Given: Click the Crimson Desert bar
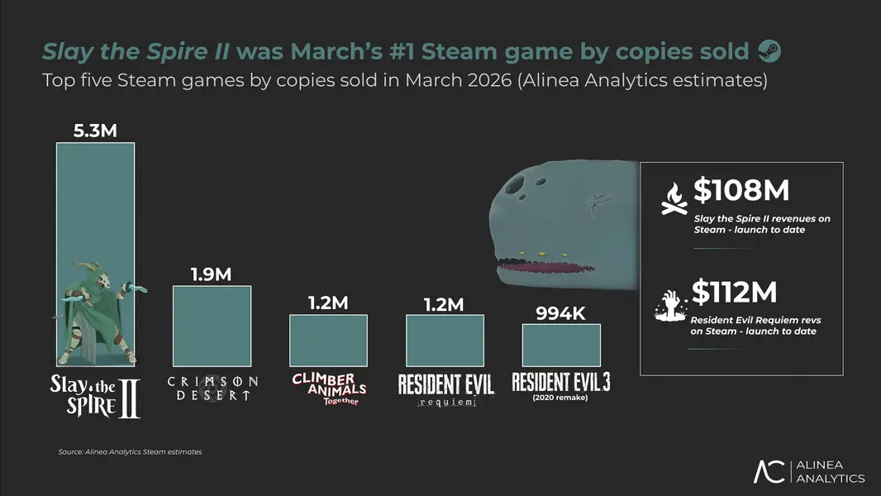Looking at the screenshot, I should pyautogui.click(x=211, y=326).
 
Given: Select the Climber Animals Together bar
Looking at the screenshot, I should pyautogui.click(x=328, y=340).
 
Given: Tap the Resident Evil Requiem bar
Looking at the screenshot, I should pyautogui.click(x=445, y=340).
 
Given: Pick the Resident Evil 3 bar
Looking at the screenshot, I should pyautogui.click(x=561, y=345).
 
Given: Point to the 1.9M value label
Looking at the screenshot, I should pyautogui.click(x=212, y=274).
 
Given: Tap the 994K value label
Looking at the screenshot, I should pyautogui.click(x=561, y=312).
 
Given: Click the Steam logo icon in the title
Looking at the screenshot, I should pyautogui.click(x=769, y=52).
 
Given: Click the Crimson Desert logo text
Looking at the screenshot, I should pyautogui.click(x=212, y=388).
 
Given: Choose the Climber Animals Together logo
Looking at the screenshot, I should pyautogui.click(x=328, y=388).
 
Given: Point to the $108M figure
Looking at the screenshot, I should pyautogui.click(x=741, y=191).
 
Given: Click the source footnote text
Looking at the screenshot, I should pyautogui.click(x=130, y=452).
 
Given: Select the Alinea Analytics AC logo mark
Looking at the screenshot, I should pyautogui.click(x=768, y=471).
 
